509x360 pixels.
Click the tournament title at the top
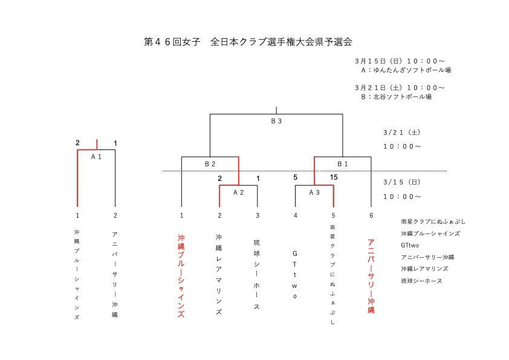tap(248, 42)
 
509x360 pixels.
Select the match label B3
tap(276, 121)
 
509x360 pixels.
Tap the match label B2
tap(210, 164)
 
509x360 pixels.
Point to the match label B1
tap(343, 164)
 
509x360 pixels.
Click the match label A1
tap(96, 157)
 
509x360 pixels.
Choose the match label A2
tap(239, 192)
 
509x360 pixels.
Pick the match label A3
tap(314, 192)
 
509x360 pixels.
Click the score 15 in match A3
tap(334, 177)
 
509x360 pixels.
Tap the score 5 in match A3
tap(295, 177)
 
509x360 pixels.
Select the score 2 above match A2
tap(220, 178)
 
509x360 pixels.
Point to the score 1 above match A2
tap(258, 178)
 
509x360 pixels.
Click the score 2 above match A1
tap(77, 143)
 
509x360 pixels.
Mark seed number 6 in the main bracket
tap(371, 215)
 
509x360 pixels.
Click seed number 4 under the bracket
tap(296, 215)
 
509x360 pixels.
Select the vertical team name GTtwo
tap(295, 275)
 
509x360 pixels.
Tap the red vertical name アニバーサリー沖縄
tap(371, 276)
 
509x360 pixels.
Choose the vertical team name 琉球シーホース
tap(257, 275)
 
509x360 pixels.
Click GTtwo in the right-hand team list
tap(410, 246)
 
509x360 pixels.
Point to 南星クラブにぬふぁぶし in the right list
tap(433, 221)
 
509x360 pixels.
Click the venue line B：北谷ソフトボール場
tap(397, 97)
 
